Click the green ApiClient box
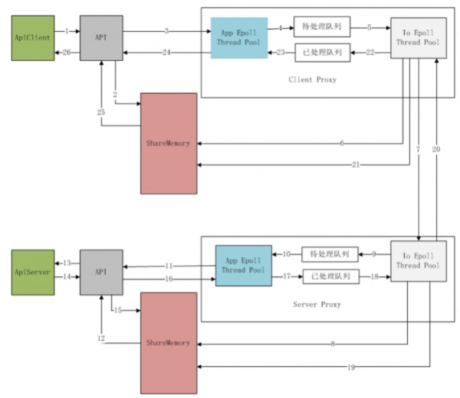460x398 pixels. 33,38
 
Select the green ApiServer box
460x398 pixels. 33,272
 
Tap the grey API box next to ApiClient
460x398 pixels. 101,38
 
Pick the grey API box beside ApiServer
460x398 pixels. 101,272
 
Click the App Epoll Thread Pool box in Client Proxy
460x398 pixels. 239,38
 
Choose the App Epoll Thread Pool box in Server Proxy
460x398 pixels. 243,265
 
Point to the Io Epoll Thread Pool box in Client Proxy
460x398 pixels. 418,38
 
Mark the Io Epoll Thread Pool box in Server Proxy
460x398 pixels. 418,261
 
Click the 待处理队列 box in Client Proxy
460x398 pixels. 322,27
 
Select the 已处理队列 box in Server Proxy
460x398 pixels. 331,277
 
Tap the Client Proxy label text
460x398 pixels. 312,80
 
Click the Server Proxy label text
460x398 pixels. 317,304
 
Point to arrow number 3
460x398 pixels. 167,31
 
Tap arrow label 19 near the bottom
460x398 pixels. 351,367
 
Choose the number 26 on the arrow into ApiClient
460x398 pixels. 67,53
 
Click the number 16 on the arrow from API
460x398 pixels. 169,279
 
